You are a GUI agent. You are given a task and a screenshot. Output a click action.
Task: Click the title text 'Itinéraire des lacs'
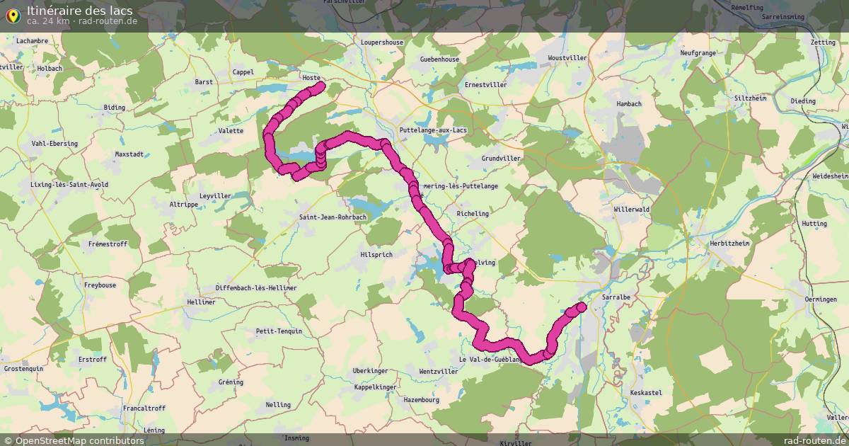(x=79, y=10)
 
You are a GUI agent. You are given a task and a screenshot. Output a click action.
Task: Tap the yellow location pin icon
(x=12, y=15)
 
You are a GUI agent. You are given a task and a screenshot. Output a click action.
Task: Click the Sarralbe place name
(x=616, y=297)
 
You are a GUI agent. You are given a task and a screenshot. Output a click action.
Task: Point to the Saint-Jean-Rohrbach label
(x=332, y=217)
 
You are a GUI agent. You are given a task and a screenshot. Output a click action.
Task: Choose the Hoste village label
(x=311, y=78)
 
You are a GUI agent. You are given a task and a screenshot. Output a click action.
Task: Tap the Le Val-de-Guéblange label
(x=491, y=360)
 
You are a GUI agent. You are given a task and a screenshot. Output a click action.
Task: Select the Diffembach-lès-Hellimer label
(x=256, y=288)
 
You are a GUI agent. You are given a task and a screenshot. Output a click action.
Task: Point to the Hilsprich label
(x=376, y=255)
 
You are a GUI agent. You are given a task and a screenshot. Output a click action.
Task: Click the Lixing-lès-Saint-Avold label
(x=69, y=185)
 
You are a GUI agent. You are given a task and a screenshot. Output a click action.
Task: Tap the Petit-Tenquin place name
(x=279, y=331)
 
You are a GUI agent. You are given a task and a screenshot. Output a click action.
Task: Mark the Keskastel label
(x=645, y=392)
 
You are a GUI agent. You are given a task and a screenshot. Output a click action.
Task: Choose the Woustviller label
(x=567, y=57)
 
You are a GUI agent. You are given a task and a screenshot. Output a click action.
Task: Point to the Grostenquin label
(x=23, y=369)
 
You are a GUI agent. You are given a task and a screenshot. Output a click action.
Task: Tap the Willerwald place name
(x=632, y=210)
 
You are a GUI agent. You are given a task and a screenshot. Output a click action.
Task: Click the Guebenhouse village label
(x=439, y=59)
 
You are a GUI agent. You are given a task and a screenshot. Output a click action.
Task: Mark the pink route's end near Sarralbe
(x=581, y=307)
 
